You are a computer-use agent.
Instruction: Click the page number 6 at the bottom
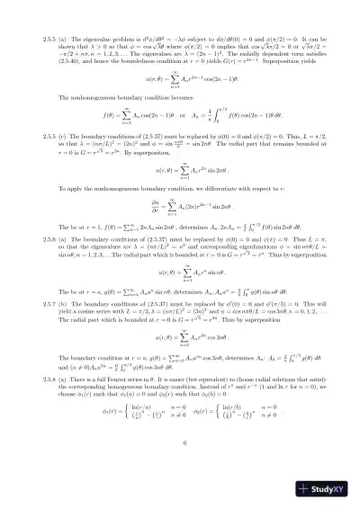pyautogui.click(x=181, y=466)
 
